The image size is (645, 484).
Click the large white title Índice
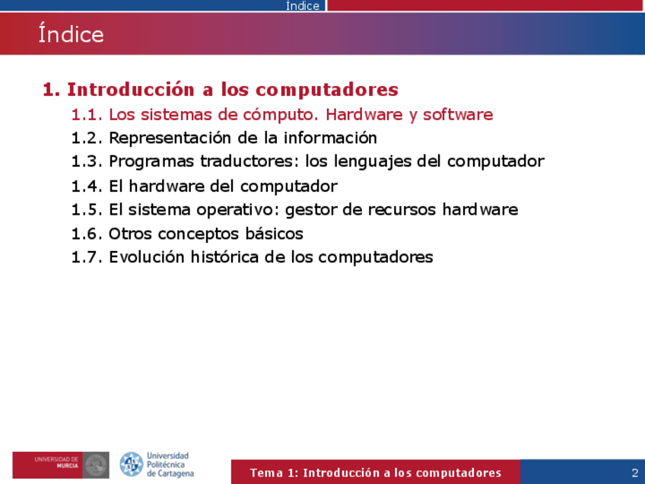(x=71, y=33)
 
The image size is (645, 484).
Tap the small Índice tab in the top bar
(x=303, y=6)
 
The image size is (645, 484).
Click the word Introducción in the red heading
(x=130, y=89)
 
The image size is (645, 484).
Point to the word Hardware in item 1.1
(x=364, y=114)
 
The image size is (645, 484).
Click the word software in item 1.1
(x=458, y=114)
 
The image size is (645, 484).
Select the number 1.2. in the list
(x=87, y=138)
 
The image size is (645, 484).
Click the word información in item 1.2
(x=330, y=138)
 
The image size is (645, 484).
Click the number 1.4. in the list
(x=87, y=186)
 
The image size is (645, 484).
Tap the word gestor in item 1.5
(x=311, y=210)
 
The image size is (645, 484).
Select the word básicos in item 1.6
(x=275, y=234)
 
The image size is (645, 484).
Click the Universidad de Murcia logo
(x=61, y=465)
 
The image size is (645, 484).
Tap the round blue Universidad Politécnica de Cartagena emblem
(x=132, y=464)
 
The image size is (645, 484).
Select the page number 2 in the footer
(x=634, y=473)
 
